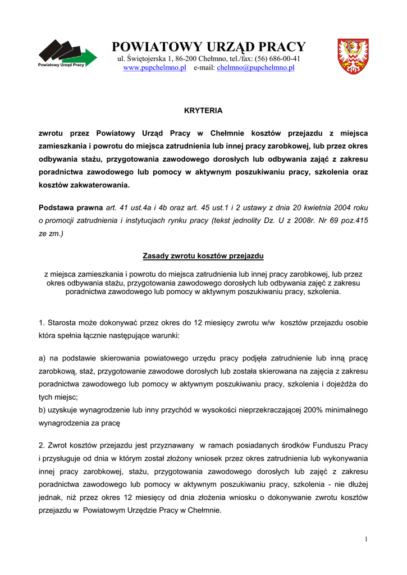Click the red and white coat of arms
click(353, 56)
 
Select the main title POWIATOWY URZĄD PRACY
click(209, 46)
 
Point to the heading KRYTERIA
click(203, 111)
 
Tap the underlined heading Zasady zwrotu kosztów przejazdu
click(203, 255)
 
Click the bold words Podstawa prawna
click(70, 207)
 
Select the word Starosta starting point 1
click(61, 322)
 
